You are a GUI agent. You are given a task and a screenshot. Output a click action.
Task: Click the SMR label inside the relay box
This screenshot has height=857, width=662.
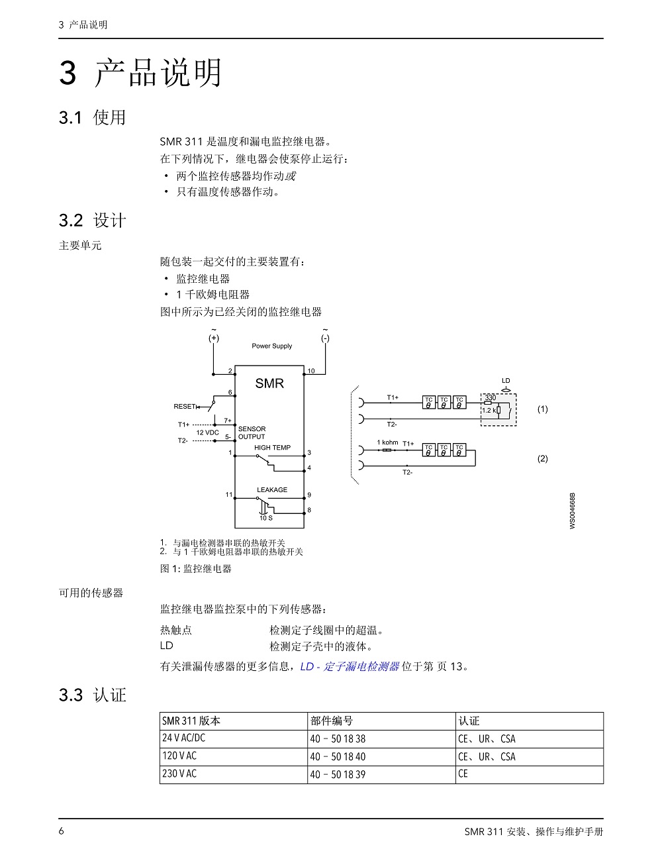pos(269,383)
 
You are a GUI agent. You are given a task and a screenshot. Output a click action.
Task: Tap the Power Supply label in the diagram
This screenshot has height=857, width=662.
pos(272,346)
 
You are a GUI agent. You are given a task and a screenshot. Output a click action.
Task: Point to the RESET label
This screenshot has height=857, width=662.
pos(185,406)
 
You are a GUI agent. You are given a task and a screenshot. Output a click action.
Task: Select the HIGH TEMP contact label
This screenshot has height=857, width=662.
pos(272,448)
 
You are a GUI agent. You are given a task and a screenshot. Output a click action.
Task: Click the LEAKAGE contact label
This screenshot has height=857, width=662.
pos(272,490)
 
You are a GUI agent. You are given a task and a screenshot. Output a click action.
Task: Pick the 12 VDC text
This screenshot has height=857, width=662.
pos(208,432)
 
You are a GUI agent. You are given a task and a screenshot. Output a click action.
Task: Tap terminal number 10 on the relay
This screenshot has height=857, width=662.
pos(311,371)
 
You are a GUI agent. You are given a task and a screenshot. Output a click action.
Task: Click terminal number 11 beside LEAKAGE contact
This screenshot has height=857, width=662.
pos(229,495)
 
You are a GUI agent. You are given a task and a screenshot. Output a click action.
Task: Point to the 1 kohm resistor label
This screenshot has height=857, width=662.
pos(387,442)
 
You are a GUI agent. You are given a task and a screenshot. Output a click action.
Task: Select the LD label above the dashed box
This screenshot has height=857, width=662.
pos(506,381)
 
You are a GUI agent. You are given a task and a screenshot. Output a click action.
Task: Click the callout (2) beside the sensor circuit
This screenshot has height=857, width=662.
pos(543,459)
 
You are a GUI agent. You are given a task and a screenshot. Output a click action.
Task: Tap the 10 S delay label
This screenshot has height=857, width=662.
pos(266,518)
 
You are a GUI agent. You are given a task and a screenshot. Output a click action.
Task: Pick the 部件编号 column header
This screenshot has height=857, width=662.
pos(332,721)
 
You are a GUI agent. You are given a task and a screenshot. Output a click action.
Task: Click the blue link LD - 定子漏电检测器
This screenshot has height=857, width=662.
pos(350,666)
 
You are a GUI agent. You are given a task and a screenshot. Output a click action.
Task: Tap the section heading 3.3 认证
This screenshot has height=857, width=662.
pos(93,695)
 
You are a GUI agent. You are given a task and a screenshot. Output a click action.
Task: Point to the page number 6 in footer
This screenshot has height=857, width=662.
pos(61,831)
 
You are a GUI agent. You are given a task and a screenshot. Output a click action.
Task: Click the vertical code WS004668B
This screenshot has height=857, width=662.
pos(573,511)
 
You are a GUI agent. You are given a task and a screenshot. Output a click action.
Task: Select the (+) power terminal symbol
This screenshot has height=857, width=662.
pos(214,338)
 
